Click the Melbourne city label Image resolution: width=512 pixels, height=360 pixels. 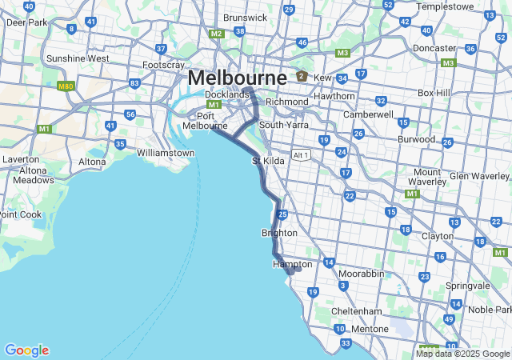(x=237, y=78)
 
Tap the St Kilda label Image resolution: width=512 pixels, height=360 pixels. (x=269, y=162)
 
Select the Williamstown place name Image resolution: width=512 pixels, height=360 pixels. (x=166, y=153)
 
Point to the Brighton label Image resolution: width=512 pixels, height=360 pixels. (x=279, y=233)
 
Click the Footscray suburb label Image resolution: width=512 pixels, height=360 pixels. (x=163, y=65)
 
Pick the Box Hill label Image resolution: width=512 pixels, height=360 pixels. (x=435, y=93)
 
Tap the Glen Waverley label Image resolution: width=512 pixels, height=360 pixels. (x=479, y=176)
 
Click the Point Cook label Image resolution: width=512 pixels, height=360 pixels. (x=19, y=214)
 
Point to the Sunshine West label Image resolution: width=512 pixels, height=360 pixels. (x=78, y=58)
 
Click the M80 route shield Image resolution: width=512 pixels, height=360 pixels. (x=66, y=86)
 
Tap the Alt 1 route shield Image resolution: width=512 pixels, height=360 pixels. (x=301, y=155)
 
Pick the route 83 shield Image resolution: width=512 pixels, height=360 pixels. (x=134, y=83)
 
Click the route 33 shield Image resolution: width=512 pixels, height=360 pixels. (x=346, y=343)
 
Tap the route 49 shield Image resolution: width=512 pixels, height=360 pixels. (x=448, y=319)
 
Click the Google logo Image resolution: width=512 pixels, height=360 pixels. (x=26, y=350)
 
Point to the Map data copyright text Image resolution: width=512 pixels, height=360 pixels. (x=462, y=354)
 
